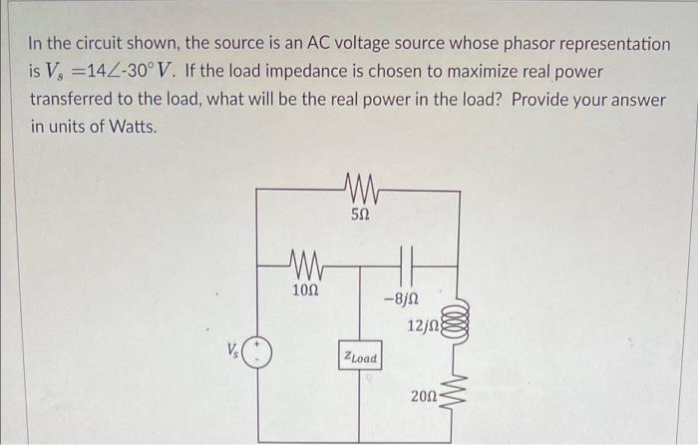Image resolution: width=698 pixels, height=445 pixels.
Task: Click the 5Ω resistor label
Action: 362,214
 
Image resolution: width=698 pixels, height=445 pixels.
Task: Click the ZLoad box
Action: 359,357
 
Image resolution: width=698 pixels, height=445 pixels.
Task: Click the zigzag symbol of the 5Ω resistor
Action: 360,186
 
